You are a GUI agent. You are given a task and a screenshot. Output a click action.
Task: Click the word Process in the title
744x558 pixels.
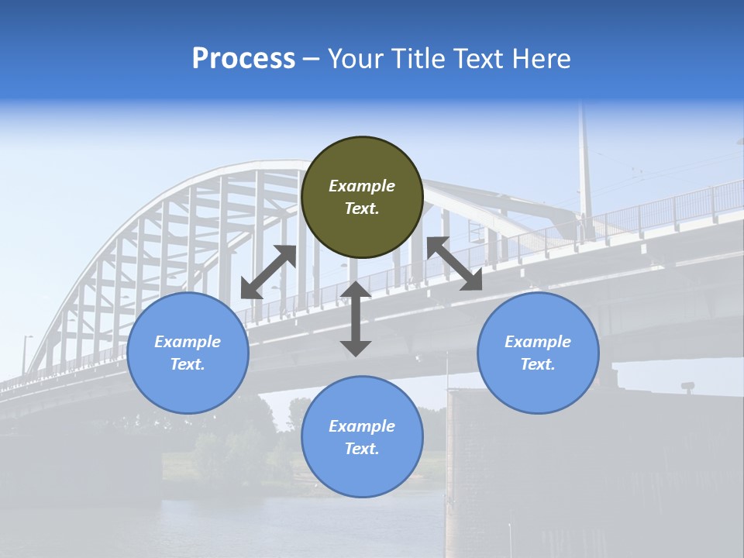tap(243, 59)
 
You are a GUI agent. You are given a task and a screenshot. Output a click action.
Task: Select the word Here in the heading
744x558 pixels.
tap(541, 59)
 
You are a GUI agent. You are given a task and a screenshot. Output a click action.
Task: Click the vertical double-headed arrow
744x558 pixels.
tap(356, 319)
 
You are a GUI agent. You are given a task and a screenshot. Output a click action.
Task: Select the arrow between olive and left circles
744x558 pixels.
tap(269, 272)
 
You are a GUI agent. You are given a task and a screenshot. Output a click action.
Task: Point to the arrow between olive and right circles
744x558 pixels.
tap(455, 263)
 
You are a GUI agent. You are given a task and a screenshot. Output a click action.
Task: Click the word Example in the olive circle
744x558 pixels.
tap(362, 186)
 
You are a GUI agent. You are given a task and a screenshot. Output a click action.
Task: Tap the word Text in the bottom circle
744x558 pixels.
tap(361, 449)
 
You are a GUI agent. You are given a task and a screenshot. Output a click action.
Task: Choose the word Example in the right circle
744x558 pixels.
tap(538, 342)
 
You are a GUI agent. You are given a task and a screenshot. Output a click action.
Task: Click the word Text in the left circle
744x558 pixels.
tap(188, 364)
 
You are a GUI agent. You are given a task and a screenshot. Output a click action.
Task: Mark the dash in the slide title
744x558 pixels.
tap(312, 59)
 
